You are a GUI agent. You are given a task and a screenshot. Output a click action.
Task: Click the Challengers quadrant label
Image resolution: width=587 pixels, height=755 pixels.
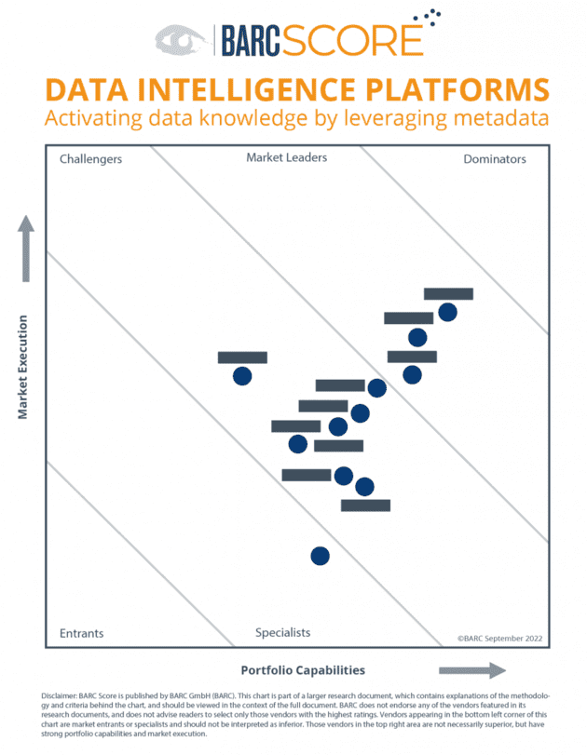(x=90, y=159)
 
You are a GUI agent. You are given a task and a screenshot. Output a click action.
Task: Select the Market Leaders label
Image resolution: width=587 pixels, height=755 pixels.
(x=286, y=158)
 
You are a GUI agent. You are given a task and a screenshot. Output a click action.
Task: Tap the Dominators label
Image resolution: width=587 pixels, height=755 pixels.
(x=494, y=159)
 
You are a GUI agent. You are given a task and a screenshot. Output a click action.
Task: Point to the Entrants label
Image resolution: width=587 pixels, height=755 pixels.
(x=82, y=633)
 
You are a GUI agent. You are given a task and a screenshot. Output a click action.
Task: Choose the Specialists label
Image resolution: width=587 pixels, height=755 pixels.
(x=283, y=633)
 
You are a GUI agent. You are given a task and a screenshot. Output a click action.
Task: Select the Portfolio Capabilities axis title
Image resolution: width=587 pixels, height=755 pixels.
(x=303, y=670)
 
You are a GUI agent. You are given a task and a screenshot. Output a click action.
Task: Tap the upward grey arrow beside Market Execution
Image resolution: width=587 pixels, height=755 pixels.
(x=26, y=247)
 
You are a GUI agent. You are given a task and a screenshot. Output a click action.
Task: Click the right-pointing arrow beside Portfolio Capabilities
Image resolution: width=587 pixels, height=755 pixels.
(x=471, y=670)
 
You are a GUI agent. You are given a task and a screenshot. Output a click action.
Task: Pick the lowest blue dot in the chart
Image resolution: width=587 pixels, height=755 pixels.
(x=320, y=556)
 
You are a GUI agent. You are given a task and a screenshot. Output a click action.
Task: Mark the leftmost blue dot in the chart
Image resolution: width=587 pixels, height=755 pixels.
(x=242, y=376)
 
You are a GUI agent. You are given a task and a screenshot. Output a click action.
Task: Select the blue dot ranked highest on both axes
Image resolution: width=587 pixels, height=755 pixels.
(x=447, y=312)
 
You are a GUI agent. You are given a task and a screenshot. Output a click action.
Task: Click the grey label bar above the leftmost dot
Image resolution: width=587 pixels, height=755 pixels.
(x=242, y=357)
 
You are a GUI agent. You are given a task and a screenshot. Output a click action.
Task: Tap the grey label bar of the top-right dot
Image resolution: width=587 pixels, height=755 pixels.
(x=448, y=294)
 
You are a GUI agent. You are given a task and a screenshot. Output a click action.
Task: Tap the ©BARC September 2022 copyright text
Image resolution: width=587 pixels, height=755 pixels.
(x=499, y=639)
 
